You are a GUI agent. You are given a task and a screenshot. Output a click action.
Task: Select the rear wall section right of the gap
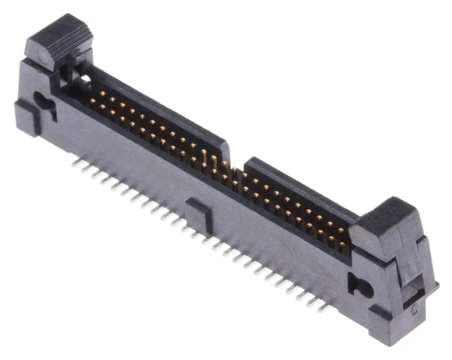tap(298, 185)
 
